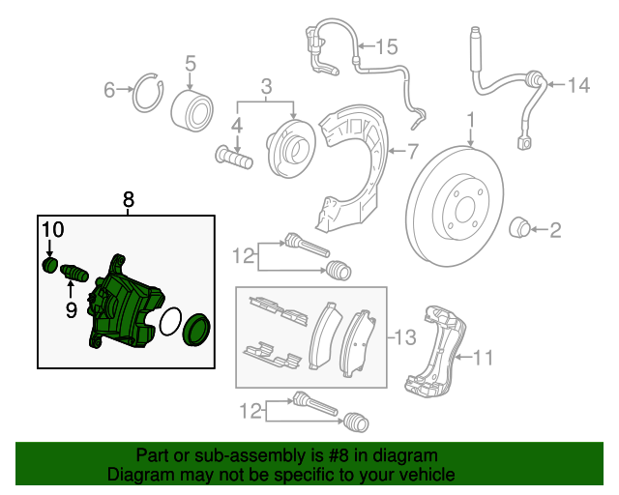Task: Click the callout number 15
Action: point(386,45)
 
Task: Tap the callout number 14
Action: point(577,86)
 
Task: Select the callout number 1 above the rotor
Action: point(471,120)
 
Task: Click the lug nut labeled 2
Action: point(520,228)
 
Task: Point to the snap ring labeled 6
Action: point(147,91)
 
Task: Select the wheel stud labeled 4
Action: point(233,155)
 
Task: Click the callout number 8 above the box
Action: point(129,199)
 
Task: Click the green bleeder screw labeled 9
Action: point(75,275)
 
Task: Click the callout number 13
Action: point(405,337)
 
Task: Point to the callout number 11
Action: point(483,359)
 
